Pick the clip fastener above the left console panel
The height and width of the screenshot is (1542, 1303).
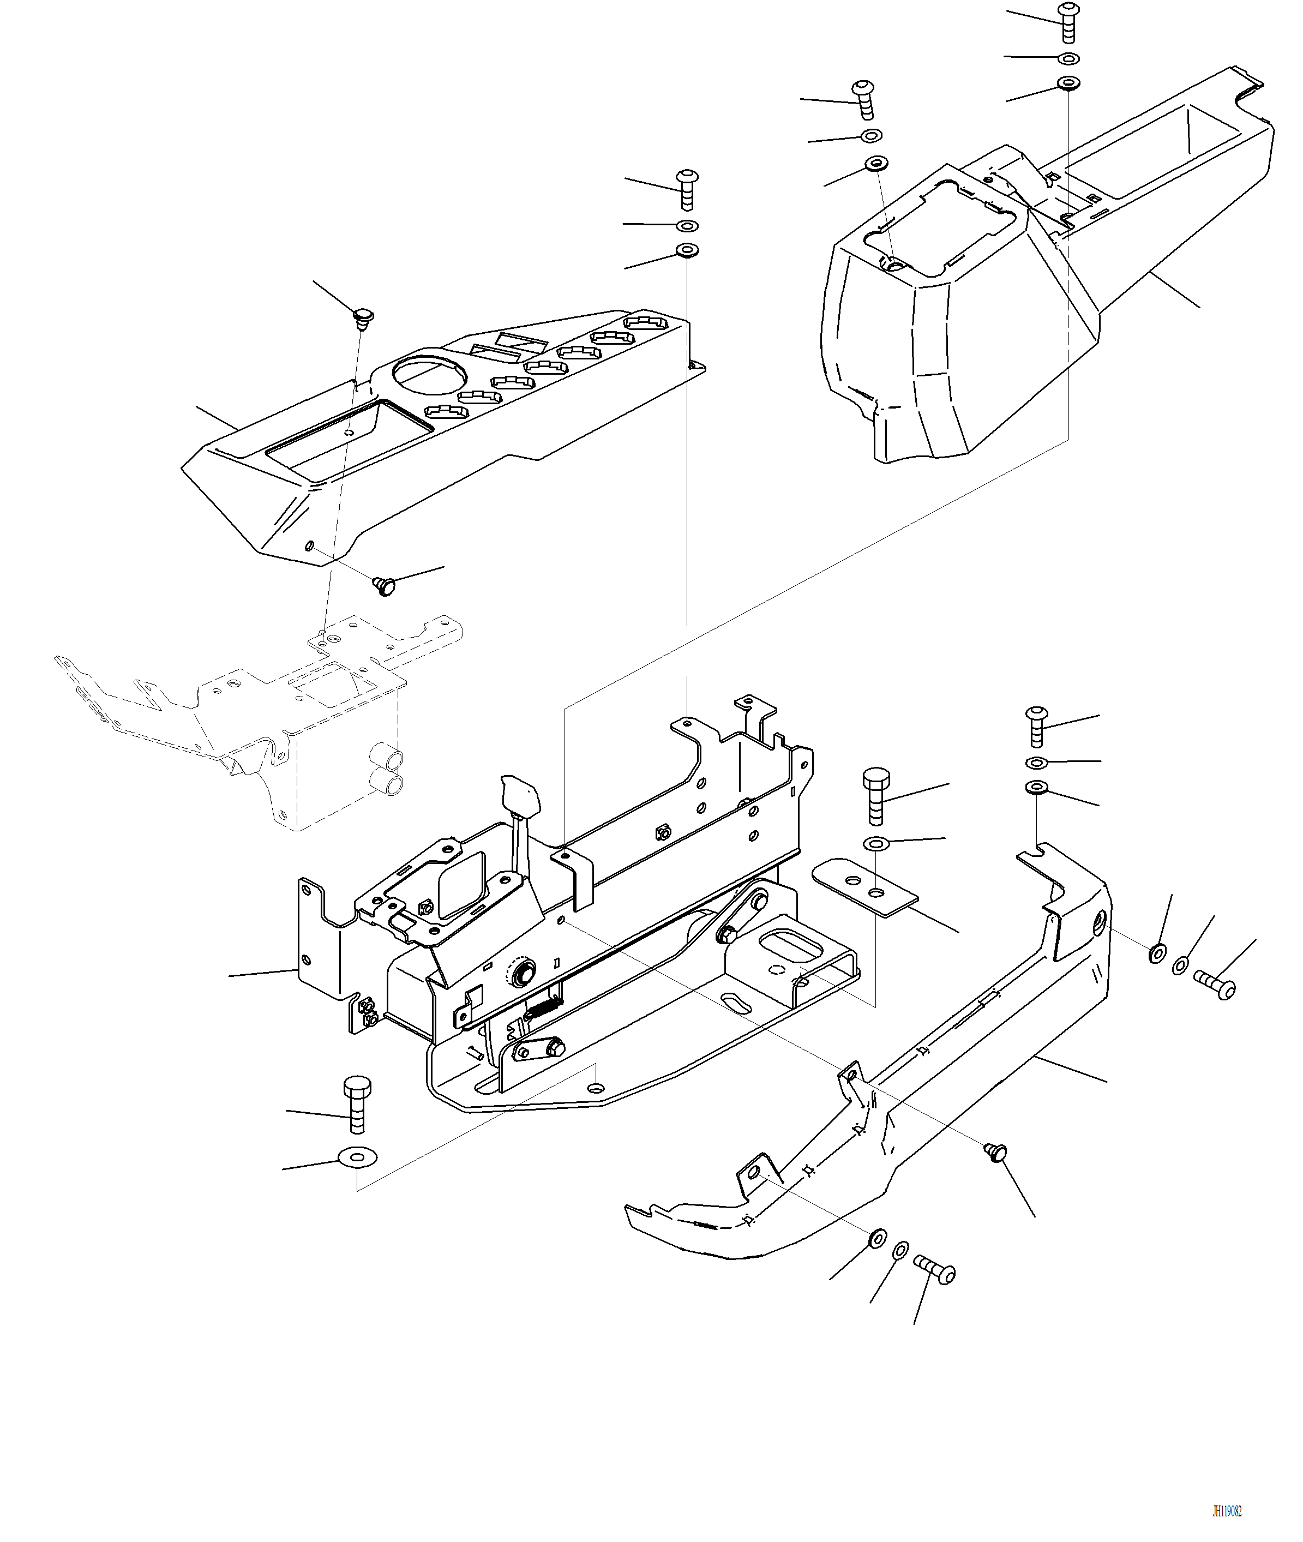click(362, 319)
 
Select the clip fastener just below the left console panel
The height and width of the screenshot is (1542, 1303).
click(383, 586)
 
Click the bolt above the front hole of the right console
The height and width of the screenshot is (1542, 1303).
click(864, 99)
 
